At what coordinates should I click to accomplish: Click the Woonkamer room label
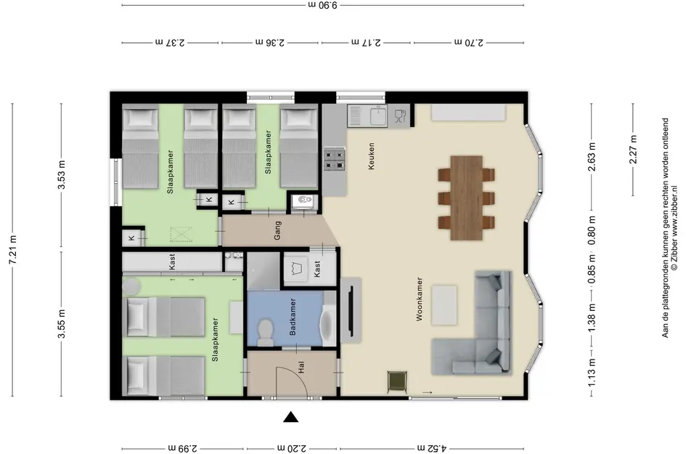click(x=420, y=299)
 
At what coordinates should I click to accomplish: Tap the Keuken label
click(x=372, y=156)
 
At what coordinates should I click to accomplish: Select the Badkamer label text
click(x=293, y=317)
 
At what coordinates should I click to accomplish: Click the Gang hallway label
click(x=277, y=230)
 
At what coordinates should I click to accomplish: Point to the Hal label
click(x=301, y=367)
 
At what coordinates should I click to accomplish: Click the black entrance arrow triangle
click(x=290, y=417)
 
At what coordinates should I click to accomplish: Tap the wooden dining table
click(x=466, y=198)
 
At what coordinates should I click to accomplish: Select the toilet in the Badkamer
click(x=265, y=331)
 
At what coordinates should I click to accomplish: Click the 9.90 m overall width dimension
click(x=323, y=5)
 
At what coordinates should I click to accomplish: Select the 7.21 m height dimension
click(x=12, y=250)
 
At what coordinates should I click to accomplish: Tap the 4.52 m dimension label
click(x=431, y=448)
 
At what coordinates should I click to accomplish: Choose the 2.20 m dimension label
click(x=292, y=448)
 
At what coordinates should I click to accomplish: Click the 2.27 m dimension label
click(x=633, y=150)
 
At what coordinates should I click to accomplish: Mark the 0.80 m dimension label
click(x=592, y=231)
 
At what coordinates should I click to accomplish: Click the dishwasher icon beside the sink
click(x=400, y=115)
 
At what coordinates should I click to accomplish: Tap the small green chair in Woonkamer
click(x=397, y=381)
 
